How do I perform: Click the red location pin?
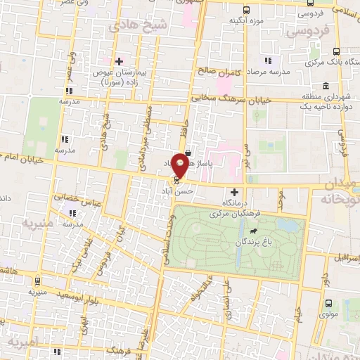[181, 165]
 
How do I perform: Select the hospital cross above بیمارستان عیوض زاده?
[120, 60]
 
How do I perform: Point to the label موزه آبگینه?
[246, 22]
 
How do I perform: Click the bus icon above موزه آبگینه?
[245, 11]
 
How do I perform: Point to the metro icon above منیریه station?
[33, 278]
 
